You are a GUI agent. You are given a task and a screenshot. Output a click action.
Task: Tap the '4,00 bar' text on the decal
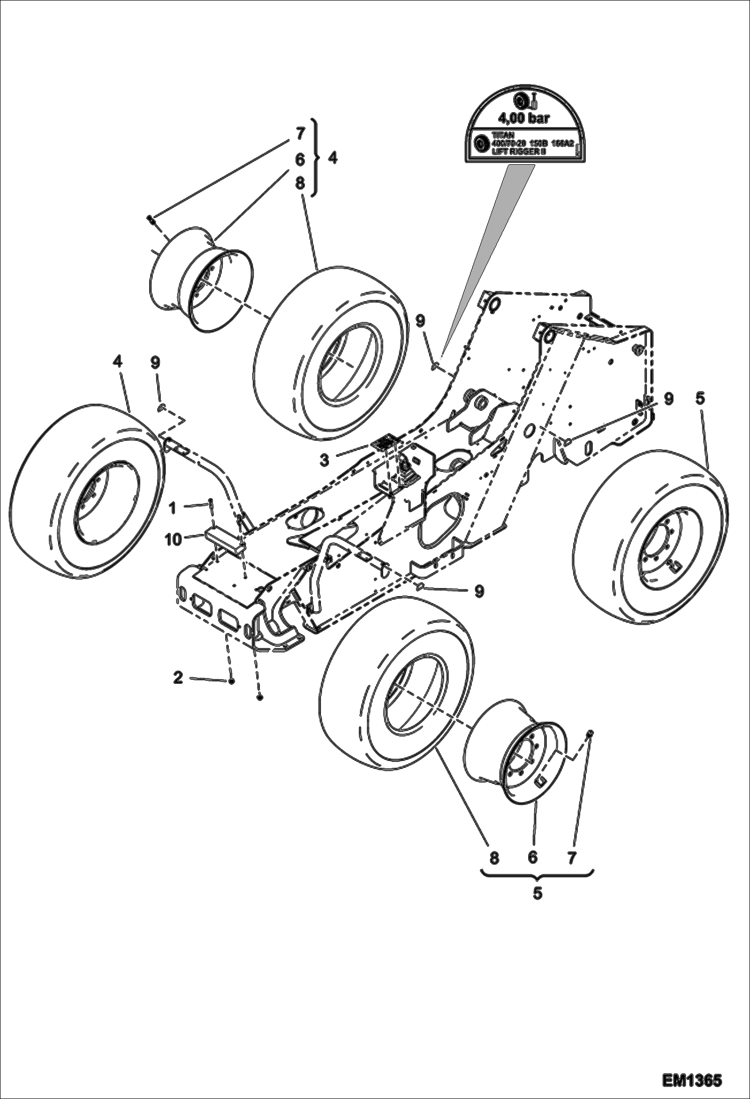(x=524, y=118)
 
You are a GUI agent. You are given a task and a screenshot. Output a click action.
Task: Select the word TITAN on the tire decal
(x=503, y=135)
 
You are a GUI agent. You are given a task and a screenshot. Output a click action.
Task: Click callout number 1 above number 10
(x=173, y=509)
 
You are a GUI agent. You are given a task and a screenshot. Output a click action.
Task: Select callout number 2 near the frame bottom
(x=178, y=678)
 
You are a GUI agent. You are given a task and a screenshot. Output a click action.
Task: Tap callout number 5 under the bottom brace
(x=537, y=894)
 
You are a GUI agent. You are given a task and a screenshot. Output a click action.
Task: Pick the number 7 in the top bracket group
(x=300, y=134)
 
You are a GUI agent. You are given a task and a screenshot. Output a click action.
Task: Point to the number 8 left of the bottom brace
(x=494, y=858)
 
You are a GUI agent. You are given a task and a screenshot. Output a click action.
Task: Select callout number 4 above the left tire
(x=117, y=361)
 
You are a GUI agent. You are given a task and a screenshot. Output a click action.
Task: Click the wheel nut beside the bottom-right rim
(x=589, y=733)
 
